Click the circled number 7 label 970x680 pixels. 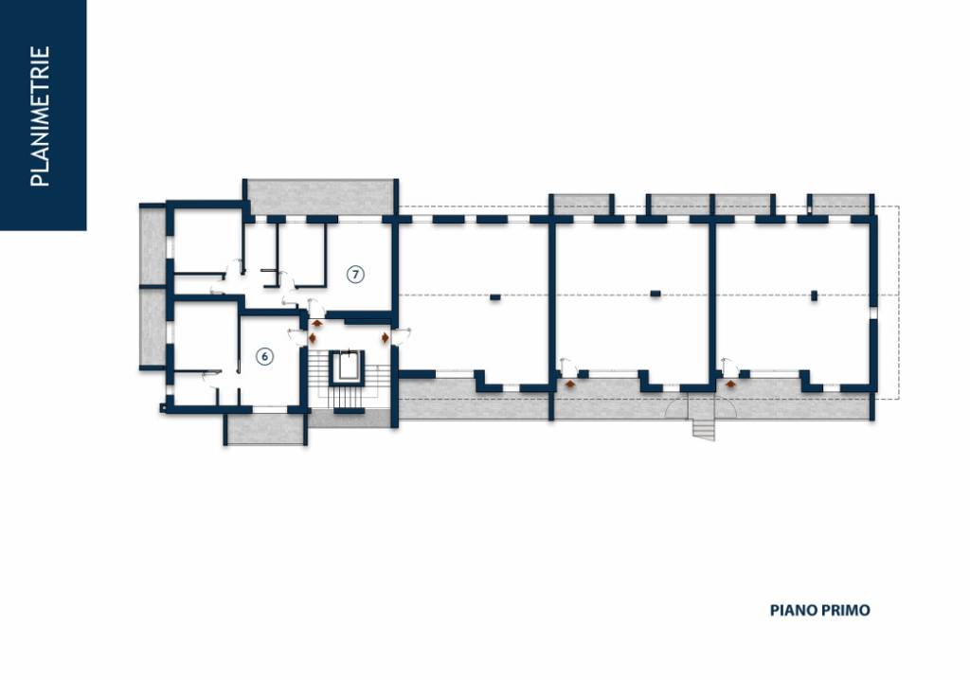[x=355, y=274]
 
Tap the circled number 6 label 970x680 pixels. [x=265, y=356]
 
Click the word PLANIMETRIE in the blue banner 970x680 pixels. [x=40, y=116]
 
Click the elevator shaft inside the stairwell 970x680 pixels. [x=347, y=367]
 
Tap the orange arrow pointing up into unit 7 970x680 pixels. [x=317, y=323]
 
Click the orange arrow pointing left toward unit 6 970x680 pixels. [x=312, y=338]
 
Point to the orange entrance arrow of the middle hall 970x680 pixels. [x=569, y=385]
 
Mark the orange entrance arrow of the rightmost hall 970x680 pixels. [x=730, y=385]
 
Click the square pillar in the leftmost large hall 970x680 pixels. [x=494, y=297]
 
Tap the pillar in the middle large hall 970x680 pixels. [x=656, y=294]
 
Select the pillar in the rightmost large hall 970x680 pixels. [x=814, y=295]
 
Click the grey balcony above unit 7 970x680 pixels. [x=321, y=197]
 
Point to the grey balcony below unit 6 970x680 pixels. [x=265, y=429]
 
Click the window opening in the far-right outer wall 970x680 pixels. [x=873, y=313]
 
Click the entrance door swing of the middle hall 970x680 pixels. [x=568, y=367]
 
